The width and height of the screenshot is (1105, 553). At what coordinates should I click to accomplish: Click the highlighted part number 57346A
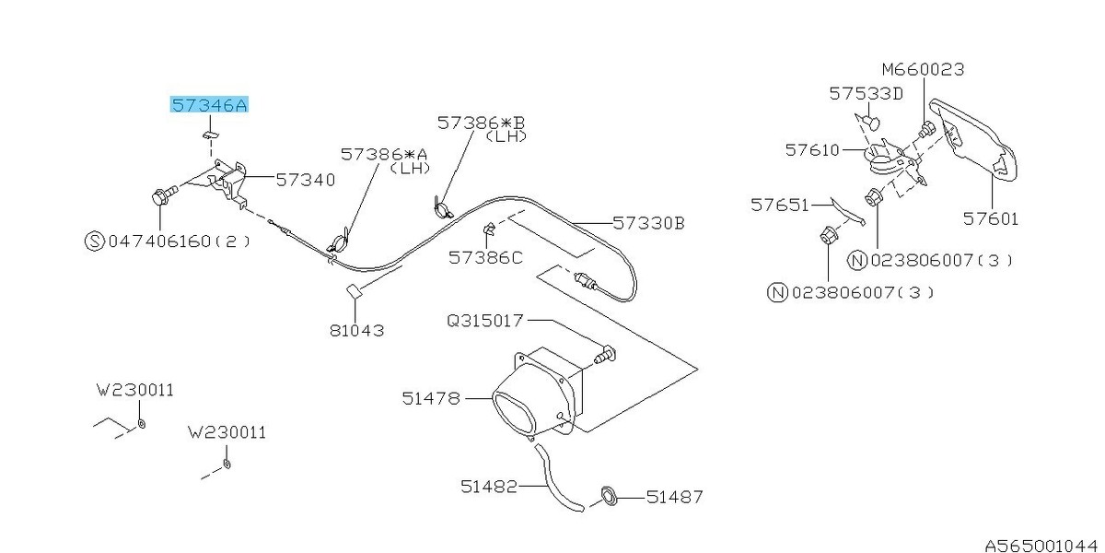coord(209,105)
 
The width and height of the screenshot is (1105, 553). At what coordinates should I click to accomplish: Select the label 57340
coord(306,180)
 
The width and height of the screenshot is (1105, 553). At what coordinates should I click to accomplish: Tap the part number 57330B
coord(648,223)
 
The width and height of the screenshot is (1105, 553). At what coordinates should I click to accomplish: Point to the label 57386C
coord(485,258)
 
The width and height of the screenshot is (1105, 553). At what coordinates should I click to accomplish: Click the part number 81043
coord(356,330)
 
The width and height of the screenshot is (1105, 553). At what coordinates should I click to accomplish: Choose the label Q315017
coord(484,321)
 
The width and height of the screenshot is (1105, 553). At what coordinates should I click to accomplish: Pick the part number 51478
coord(431,398)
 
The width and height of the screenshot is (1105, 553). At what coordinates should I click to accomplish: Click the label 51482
coord(489,487)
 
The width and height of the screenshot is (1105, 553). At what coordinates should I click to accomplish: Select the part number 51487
coord(674,497)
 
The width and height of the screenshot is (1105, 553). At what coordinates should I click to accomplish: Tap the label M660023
coord(923,70)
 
